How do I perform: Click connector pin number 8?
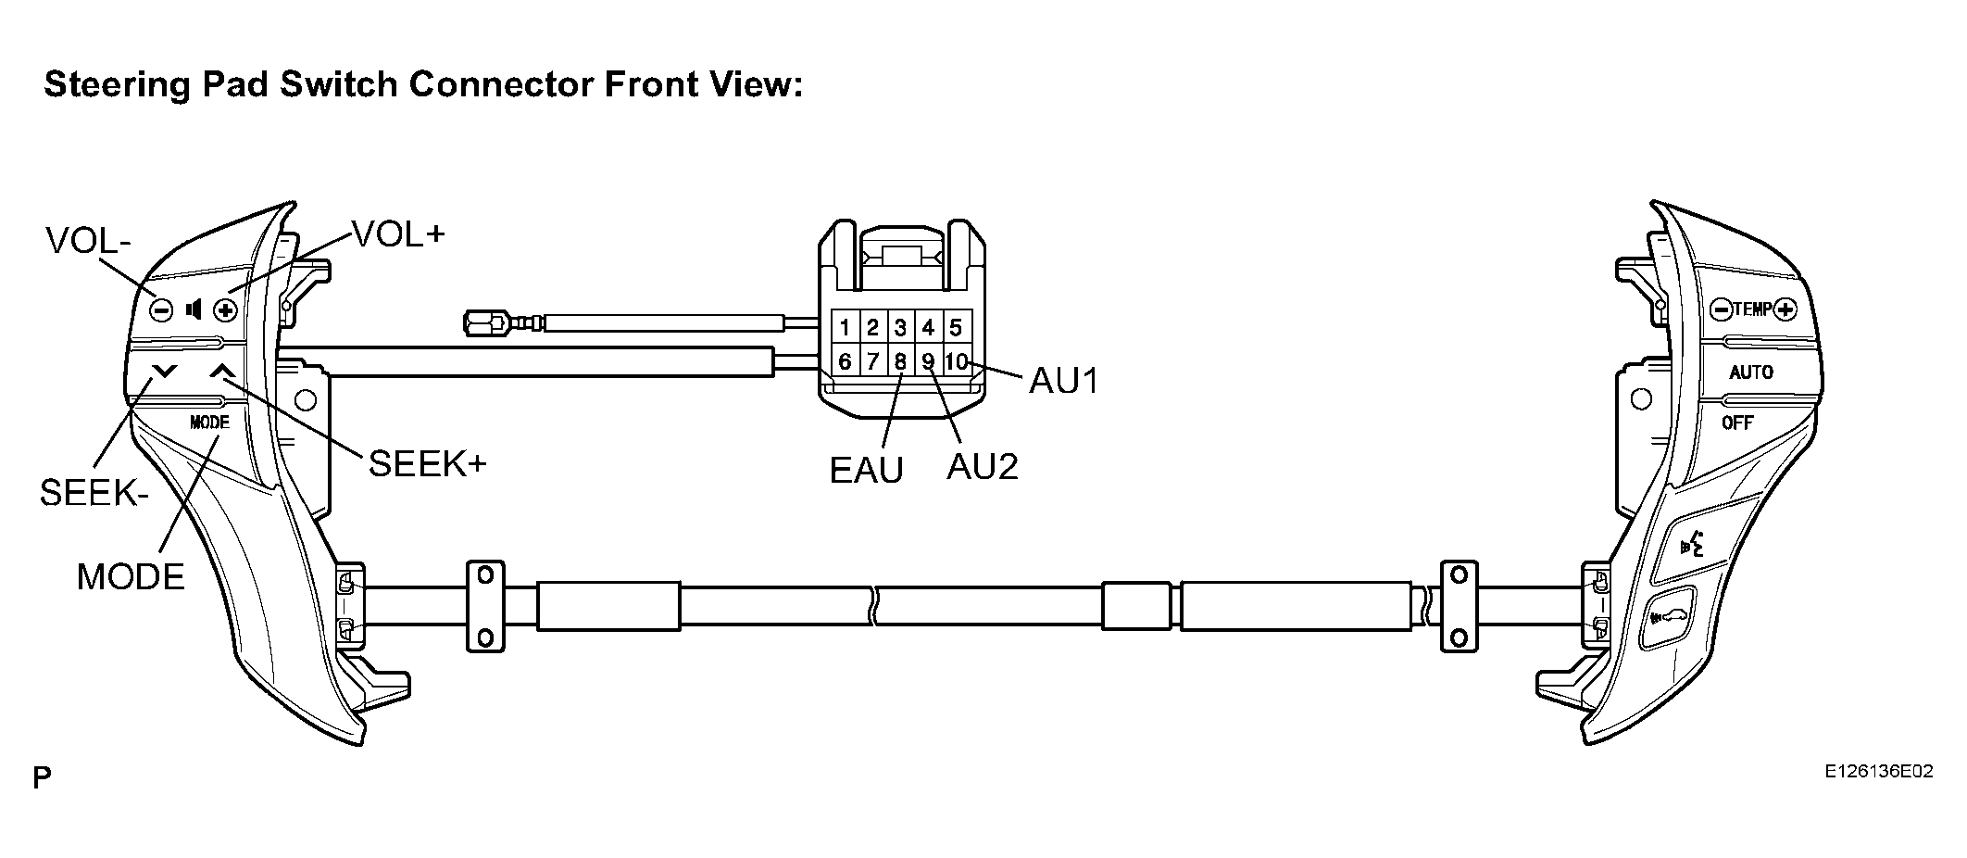click(900, 360)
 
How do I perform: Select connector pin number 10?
click(957, 360)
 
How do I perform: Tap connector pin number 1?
click(846, 327)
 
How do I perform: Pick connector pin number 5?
click(956, 327)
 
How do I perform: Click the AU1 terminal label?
click(1064, 381)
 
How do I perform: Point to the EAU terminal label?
click(866, 471)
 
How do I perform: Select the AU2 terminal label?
click(983, 467)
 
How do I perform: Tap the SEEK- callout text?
click(94, 493)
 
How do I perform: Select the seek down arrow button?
click(165, 372)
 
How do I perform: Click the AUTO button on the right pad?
click(1751, 372)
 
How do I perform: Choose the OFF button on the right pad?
click(1737, 423)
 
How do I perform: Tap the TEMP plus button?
click(1785, 309)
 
